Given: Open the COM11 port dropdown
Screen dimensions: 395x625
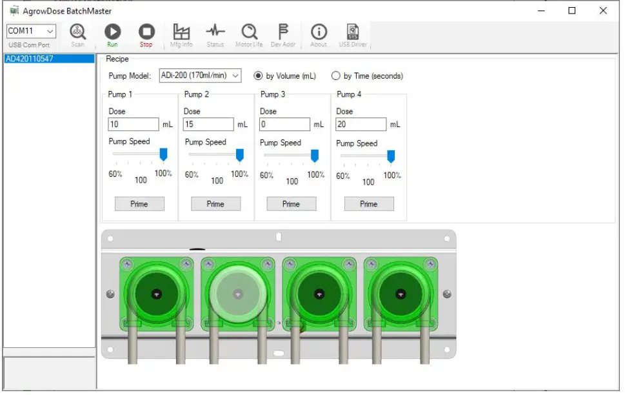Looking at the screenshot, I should pos(32,31).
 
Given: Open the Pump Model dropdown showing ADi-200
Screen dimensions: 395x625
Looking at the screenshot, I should pos(200,76).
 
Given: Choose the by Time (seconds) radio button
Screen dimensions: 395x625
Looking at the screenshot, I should pos(336,76).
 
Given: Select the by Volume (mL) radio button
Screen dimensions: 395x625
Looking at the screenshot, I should pos(258,76).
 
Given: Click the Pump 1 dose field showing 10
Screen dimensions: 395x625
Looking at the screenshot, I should pos(133,125).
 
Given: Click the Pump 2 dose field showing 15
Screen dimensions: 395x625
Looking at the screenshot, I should pos(208,125).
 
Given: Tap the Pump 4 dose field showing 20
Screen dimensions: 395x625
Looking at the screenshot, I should pos(361,125).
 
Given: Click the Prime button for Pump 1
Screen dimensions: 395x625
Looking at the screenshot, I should pos(139,204).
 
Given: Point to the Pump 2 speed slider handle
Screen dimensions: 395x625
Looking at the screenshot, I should pos(240,155).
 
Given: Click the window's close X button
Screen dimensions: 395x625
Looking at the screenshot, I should pos(603,11).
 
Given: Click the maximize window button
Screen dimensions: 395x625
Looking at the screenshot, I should pos(572,11).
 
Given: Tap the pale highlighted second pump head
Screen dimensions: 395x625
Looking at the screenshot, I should pos(237,293).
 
